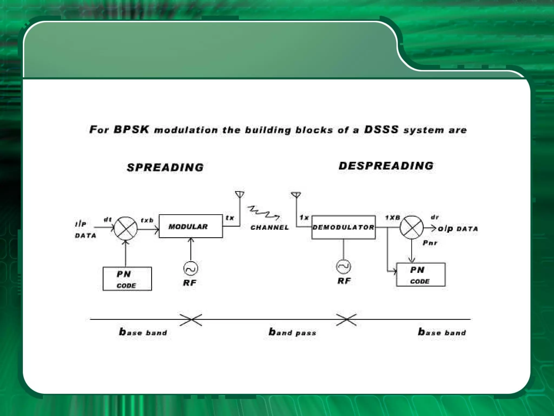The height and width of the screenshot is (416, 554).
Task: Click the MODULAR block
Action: tap(190, 226)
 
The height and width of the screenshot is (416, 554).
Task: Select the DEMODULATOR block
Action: tap(343, 227)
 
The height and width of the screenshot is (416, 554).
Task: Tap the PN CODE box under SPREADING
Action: tap(127, 279)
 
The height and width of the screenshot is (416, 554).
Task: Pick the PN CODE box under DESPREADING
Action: tap(420, 275)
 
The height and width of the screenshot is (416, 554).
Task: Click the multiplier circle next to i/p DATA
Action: tap(126, 228)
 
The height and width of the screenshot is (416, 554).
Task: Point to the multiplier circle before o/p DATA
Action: tap(411, 227)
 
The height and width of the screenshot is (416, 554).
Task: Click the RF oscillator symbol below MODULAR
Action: tap(190, 269)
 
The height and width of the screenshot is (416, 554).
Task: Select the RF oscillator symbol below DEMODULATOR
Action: tap(343, 266)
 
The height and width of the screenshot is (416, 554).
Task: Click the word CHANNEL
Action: tap(269, 227)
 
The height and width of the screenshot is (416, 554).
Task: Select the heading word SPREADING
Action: tap(165, 167)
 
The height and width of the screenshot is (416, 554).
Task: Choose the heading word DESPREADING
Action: tap(386, 166)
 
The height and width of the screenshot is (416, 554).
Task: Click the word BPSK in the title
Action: tap(131, 129)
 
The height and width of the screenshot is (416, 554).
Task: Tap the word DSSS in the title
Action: tap(381, 129)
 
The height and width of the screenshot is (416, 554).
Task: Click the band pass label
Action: tap(292, 332)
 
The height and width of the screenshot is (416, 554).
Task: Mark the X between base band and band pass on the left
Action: tap(191, 320)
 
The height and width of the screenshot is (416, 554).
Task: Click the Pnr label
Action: tap(430, 243)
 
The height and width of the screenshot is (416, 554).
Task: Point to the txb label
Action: tap(147, 220)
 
